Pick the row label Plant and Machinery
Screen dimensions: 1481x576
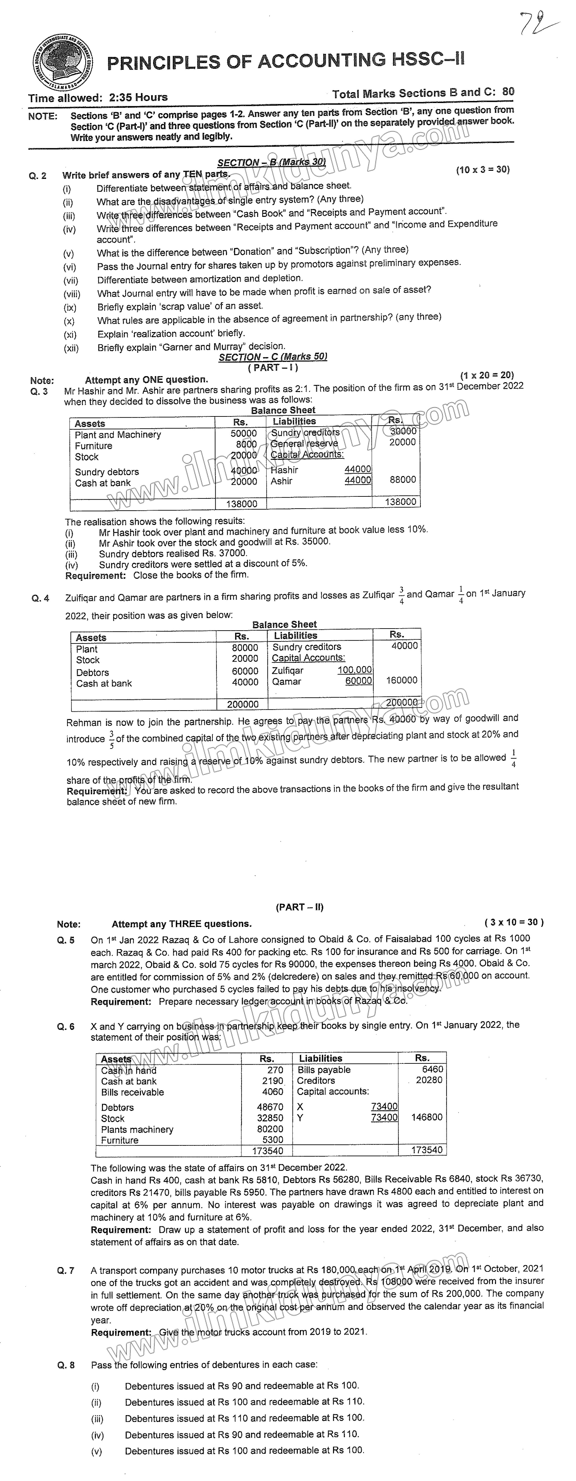tap(118, 435)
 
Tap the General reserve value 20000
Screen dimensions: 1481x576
tap(402, 442)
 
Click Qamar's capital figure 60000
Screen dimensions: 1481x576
tap(359, 681)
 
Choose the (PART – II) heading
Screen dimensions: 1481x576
tap(300, 907)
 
